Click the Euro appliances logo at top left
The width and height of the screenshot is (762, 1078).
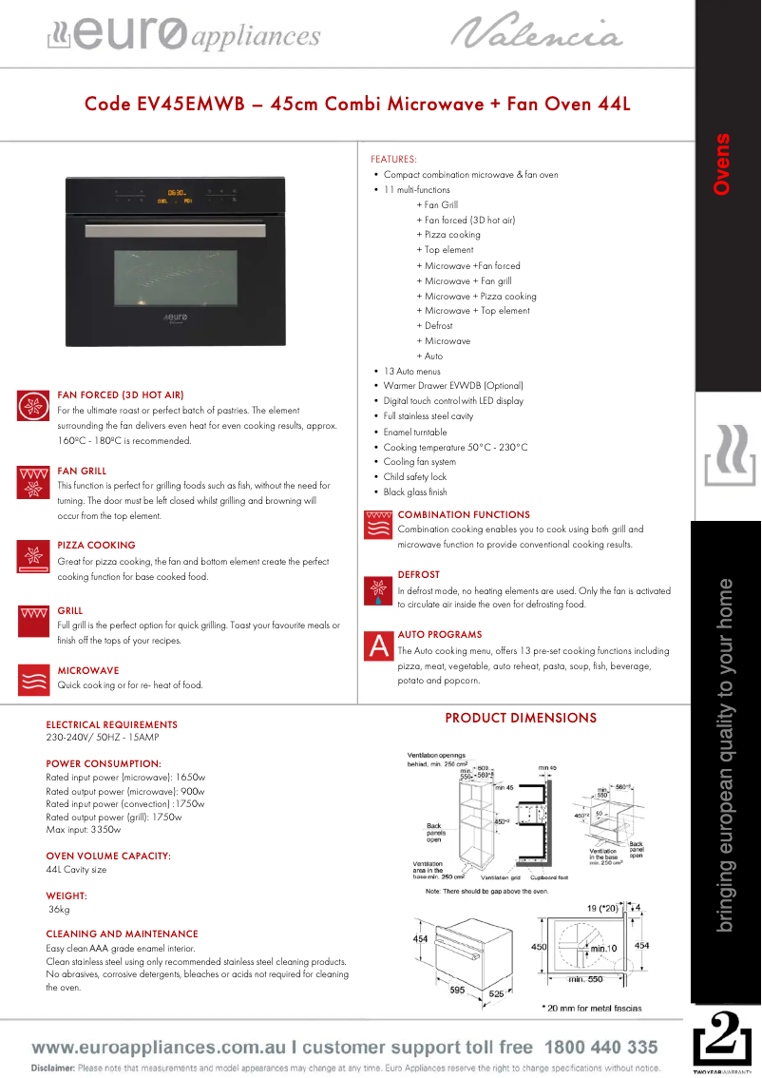pyautogui.click(x=184, y=35)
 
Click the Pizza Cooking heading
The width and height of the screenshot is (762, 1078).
pyautogui.click(x=96, y=546)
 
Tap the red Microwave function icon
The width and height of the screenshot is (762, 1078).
pyautogui.click(x=33, y=681)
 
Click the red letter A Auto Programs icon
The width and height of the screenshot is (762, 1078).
pyautogui.click(x=379, y=646)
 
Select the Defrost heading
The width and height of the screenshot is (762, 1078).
pyautogui.click(x=418, y=575)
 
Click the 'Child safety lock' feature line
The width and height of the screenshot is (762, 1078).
pyautogui.click(x=414, y=477)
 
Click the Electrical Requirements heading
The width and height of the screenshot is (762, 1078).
pyautogui.click(x=111, y=724)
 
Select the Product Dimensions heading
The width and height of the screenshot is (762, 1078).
pyautogui.click(x=521, y=718)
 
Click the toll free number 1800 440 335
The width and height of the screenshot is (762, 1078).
pyautogui.click(x=600, y=1048)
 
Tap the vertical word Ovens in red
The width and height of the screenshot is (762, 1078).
pyautogui.click(x=722, y=164)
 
